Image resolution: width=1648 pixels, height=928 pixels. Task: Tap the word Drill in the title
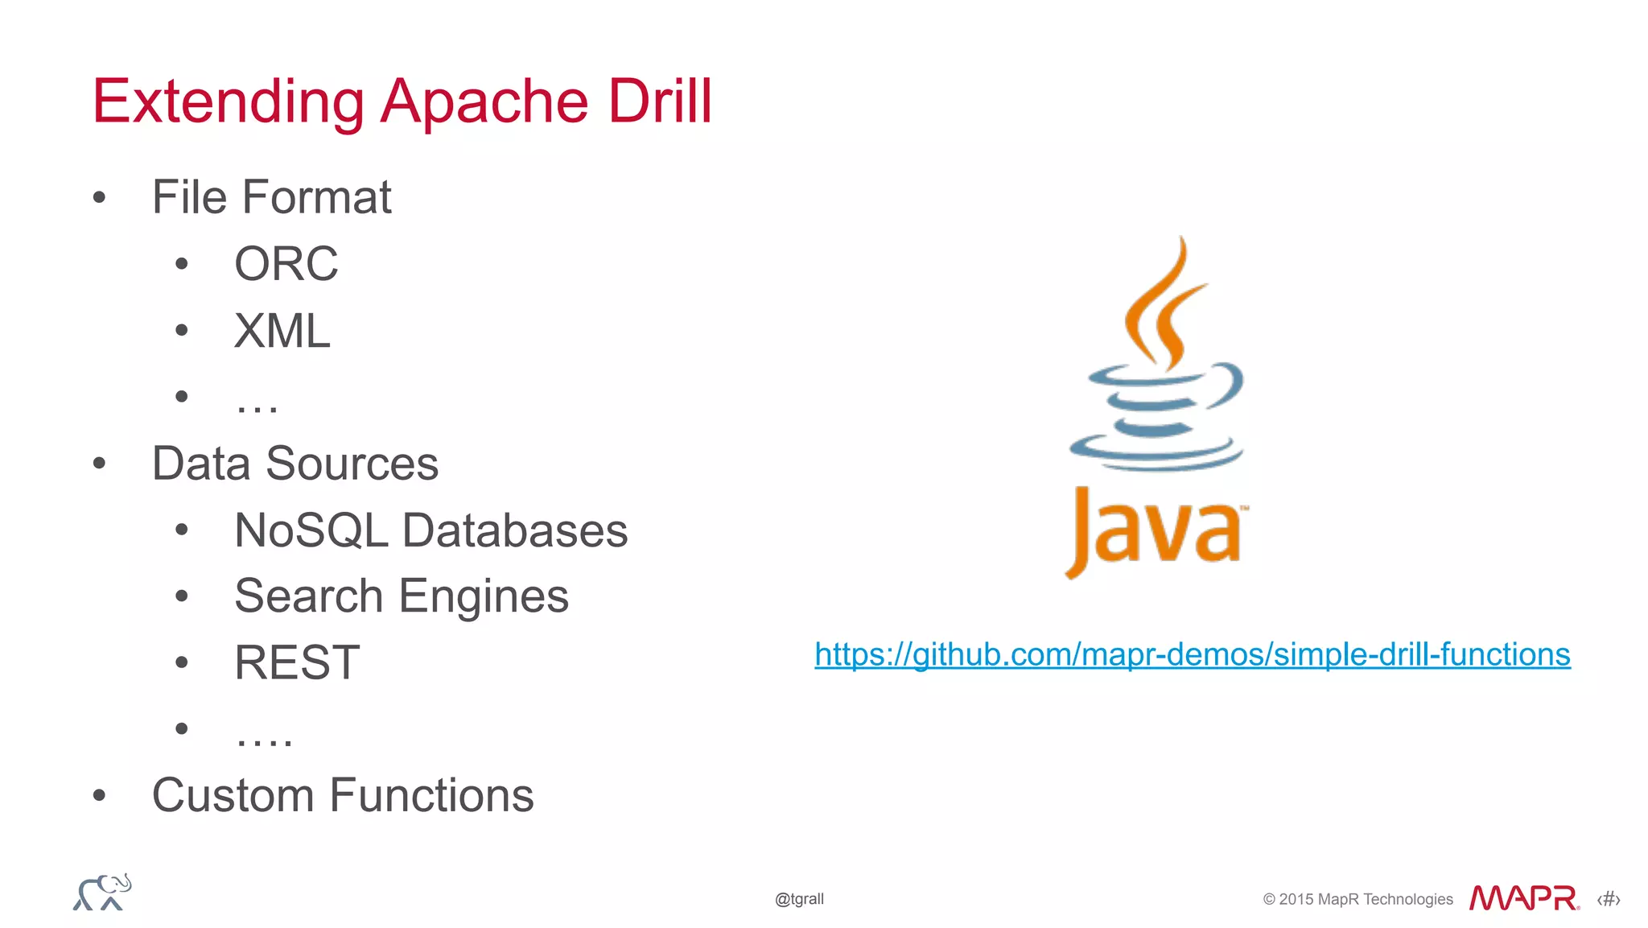point(660,101)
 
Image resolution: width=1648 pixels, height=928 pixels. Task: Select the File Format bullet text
point(271,197)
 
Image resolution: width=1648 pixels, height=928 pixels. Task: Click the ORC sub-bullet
point(286,264)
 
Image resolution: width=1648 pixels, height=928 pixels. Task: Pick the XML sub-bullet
point(282,331)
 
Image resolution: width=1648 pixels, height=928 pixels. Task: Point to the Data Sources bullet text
point(295,464)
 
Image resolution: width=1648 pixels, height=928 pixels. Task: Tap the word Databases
point(514,531)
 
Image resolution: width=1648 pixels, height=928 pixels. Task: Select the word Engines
point(484,597)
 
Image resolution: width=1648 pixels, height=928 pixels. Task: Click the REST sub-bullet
point(297,663)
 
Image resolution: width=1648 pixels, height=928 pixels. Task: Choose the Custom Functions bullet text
point(343,796)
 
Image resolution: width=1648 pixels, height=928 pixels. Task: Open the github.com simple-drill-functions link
point(1192,654)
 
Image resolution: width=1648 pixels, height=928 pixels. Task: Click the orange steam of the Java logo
point(1163,306)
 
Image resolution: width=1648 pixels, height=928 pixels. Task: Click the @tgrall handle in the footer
point(799,899)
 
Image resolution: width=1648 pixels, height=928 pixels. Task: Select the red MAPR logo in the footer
point(1523,898)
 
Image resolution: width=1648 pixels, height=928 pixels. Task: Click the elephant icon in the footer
point(102,893)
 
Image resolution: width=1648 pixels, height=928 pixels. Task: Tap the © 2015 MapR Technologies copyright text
point(1358,899)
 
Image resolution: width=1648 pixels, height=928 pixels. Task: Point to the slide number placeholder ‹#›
point(1608,899)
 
